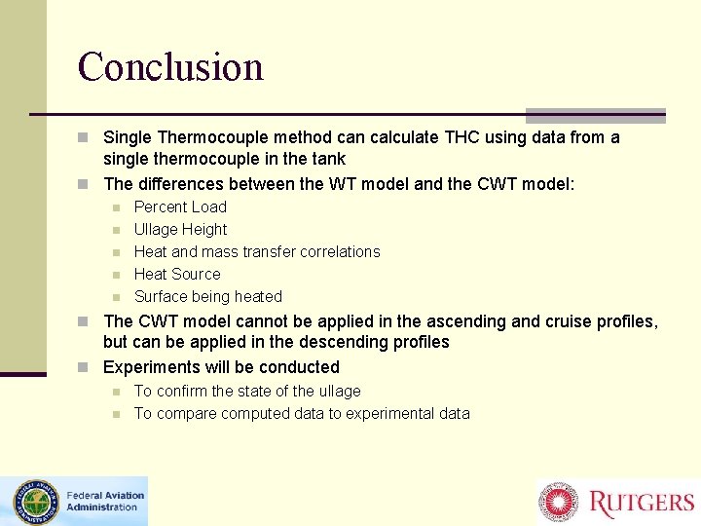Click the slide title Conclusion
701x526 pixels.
pos(170,66)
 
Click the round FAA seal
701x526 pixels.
pos(36,502)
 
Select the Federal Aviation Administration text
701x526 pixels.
pos(105,501)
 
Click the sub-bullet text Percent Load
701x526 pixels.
pos(180,207)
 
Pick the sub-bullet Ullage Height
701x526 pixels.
pos(180,229)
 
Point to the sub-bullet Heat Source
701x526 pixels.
pos(177,274)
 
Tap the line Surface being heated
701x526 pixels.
pos(207,296)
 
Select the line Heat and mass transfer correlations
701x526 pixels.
pos(257,251)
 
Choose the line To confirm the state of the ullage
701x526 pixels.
pos(247,391)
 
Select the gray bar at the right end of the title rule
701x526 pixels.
pos(595,115)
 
